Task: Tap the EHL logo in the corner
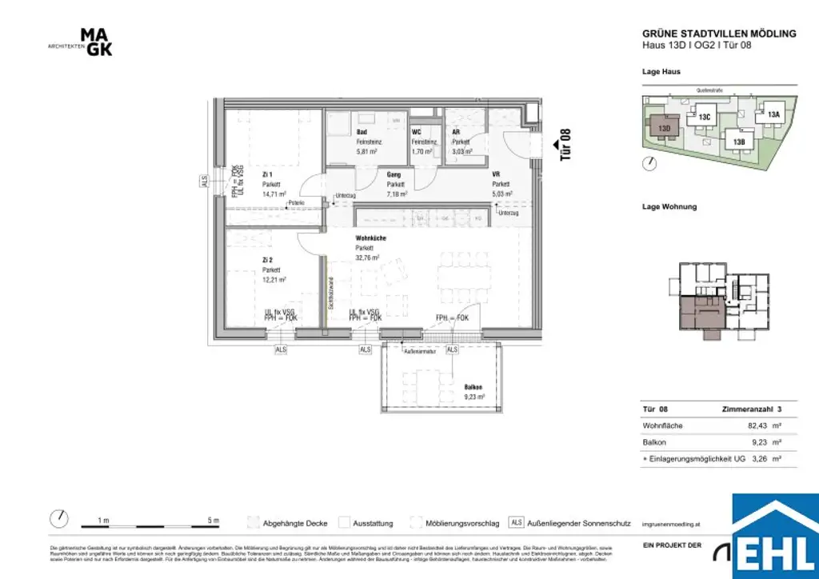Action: (x=775, y=535)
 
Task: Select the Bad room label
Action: (x=362, y=132)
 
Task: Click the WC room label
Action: (x=416, y=132)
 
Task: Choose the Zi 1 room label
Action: (x=267, y=174)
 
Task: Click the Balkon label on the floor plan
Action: (x=473, y=387)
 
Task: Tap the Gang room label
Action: (x=394, y=174)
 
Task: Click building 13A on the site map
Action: (x=773, y=114)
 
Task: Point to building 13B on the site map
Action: (x=738, y=142)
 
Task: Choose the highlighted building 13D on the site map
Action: (x=664, y=127)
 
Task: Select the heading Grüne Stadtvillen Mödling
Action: (x=719, y=34)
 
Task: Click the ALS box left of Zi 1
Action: (x=203, y=182)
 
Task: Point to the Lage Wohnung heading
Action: (x=669, y=206)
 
